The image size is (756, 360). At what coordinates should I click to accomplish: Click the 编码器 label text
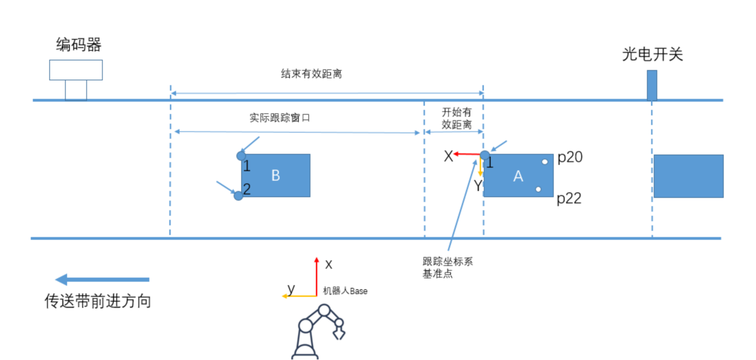(79, 44)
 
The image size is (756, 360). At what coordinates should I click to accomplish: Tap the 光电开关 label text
(652, 54)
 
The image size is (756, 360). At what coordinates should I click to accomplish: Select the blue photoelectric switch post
(652, 85)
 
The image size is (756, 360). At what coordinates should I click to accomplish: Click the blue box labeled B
(276, 175)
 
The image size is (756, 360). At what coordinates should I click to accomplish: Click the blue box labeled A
(518, 176)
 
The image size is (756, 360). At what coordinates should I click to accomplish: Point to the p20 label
(570, 158)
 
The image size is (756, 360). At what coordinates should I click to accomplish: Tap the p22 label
(569, 199)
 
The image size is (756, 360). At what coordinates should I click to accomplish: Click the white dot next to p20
(545, 162)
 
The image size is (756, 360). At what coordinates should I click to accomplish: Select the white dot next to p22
(538, 189)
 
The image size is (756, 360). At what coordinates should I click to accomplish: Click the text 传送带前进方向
(98, 302)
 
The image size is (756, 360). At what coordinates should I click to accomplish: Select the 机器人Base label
(345, 291)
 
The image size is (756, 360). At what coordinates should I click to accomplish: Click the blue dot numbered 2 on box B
(238, 195)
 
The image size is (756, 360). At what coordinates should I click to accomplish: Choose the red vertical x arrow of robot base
(316, 275)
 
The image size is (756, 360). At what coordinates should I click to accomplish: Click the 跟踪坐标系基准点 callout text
(447, 267)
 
